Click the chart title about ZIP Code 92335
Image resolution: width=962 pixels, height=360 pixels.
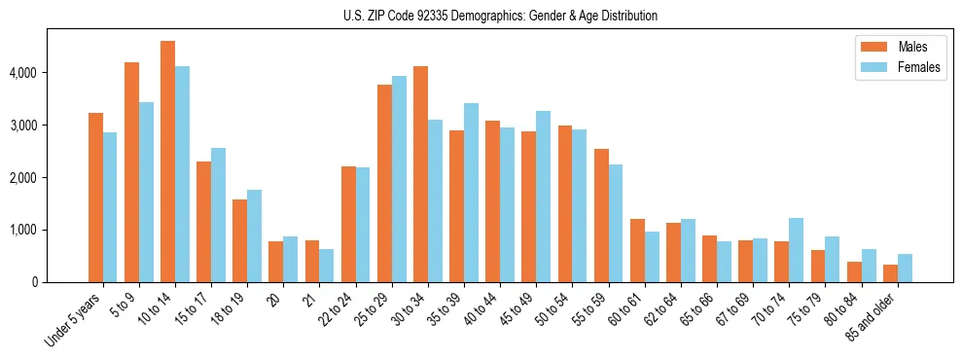coord(500,16)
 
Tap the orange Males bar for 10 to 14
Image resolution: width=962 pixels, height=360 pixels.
coord(168,162)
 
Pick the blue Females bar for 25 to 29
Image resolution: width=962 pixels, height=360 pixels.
coord(399,179)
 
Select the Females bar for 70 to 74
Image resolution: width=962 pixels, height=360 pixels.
coord(797,250)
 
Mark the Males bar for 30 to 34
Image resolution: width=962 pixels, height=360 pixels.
coord(420,174)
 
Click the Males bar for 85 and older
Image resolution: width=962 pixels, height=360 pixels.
coord(891,273)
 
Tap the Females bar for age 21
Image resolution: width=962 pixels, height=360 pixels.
coord(327,266)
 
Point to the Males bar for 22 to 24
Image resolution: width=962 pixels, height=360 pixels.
coord(348,225)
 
